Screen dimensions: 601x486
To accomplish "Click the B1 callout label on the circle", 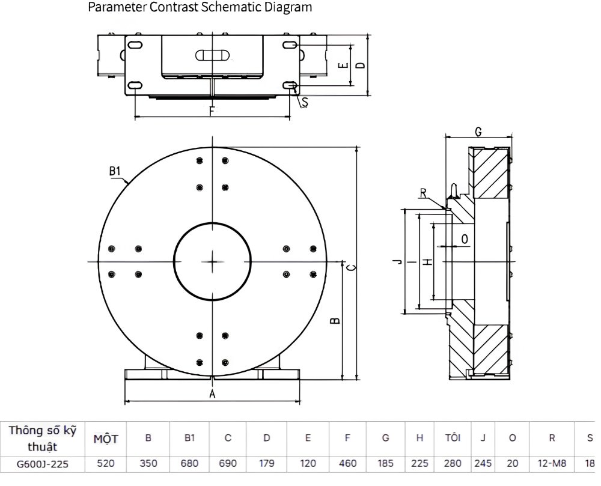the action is pyautogui.click(x=115, y=171).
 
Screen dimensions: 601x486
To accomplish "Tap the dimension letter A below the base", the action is pyautogui.click(x=212, y=393).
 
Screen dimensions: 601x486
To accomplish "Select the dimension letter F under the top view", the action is pyautogui.click(x=212, y=111).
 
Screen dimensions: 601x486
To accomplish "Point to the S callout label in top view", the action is pyautogui.click(x=305, y=102).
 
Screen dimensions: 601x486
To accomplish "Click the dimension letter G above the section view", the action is pyautogui.click(x=478, y=132).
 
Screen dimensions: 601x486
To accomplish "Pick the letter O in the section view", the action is pyautogui.click(x=465, y=239).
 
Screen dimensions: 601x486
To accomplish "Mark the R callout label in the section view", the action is pyautogui.click(x=423, y=193).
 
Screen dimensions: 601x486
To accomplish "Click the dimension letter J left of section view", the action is pyautogui.click(x=398, y=261).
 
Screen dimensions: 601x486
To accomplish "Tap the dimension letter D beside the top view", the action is pyautogui.click(x=361, y=65).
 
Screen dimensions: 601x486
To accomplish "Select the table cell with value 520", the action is pyautogui.click(x=106, y=463).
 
